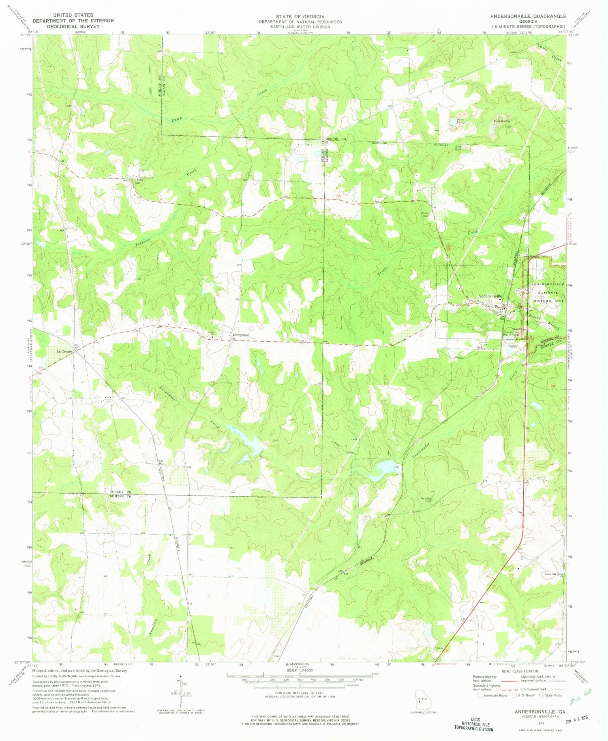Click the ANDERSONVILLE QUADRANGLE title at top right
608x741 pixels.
pyautogui.click(x=528, y=16)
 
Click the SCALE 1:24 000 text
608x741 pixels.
pyautogui.click(x=300, y=670)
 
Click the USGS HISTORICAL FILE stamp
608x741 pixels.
pyautogui.click(x=473, y=724)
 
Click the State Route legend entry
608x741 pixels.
pyautogui.click(x=550, y=695)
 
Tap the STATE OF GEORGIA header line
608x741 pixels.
pyautogui.click(x=300, y=16)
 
